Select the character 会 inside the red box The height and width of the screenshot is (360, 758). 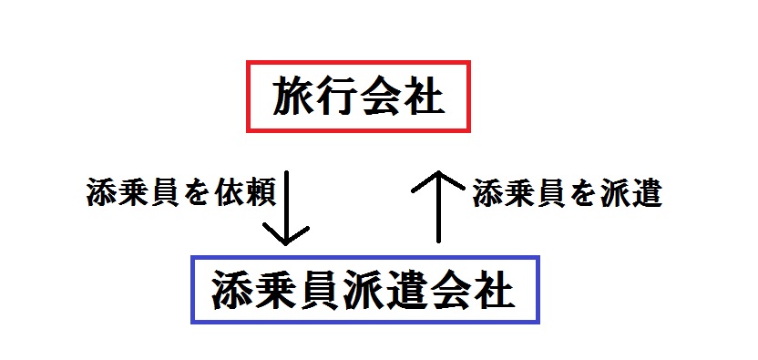[380, 98]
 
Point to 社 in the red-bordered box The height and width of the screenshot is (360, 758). [423, 98]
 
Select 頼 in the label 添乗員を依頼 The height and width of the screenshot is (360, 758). [257, 195]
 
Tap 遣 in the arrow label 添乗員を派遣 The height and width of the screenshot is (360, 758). [645, 195]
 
